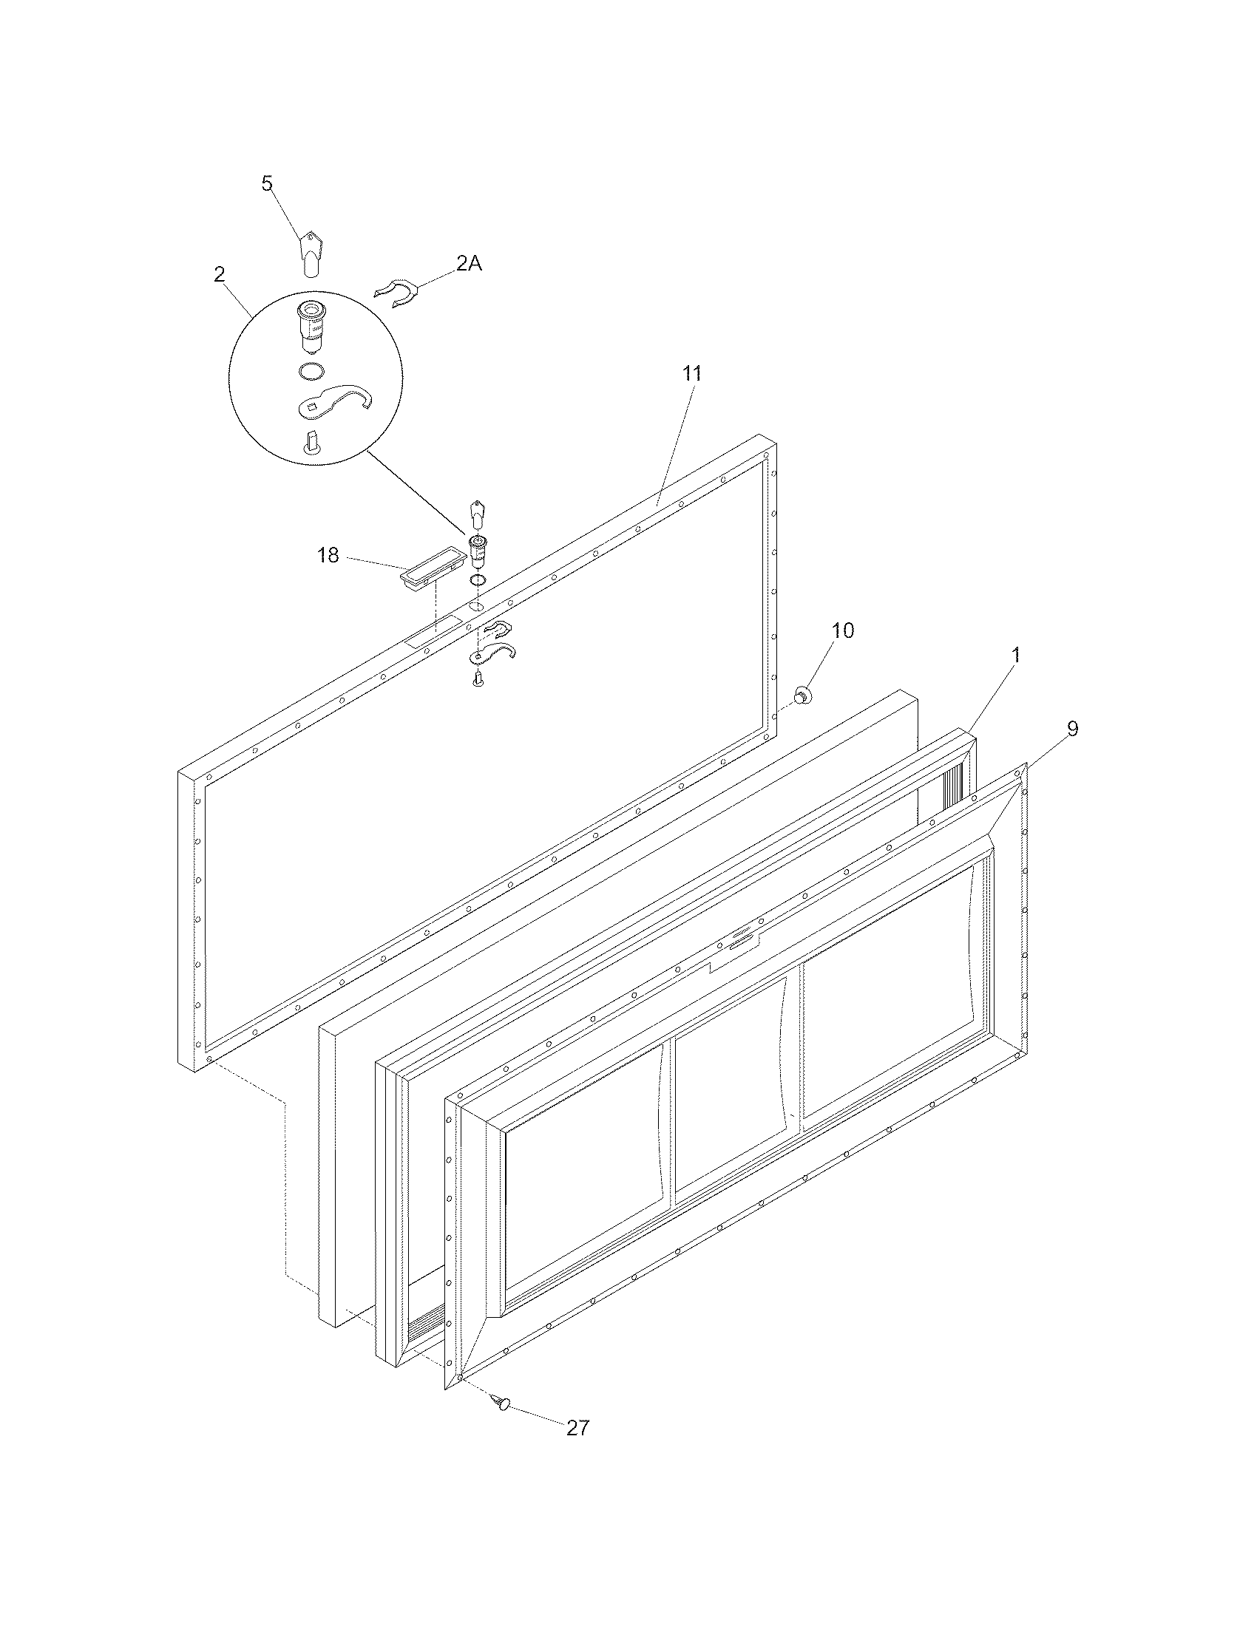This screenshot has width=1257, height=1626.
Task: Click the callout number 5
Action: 268,183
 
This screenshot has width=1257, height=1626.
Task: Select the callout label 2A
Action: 468,263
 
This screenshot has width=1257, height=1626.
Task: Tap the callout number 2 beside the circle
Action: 219,274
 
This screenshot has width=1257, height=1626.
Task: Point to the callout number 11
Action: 692,374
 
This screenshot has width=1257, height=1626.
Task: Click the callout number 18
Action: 328,555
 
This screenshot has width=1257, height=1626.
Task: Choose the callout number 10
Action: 842,630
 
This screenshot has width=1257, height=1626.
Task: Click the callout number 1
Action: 1015,655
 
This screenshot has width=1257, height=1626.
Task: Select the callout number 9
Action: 1071,729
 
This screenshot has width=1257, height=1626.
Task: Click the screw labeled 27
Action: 501,1404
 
